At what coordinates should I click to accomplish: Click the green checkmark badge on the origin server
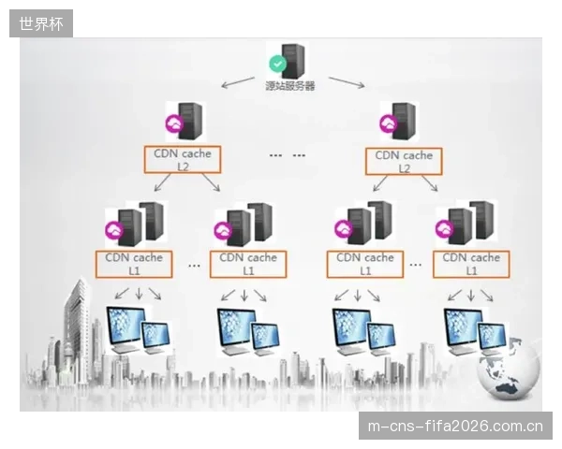click(278, 64)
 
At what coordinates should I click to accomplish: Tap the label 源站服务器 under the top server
click(290, 86)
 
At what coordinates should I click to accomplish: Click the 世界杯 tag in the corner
click(41, 23)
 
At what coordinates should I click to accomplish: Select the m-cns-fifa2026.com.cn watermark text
click(455, 427)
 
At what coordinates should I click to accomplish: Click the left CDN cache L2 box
click(183, 160)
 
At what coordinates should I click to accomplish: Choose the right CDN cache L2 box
click(404, 162)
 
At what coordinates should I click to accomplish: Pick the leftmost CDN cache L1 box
click(134, 264)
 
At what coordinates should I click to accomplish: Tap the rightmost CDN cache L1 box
click(471, 264)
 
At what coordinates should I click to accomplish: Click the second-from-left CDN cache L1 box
click(248, 264)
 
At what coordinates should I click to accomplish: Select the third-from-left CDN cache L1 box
click(365, 264)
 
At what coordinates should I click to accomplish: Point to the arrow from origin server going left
click(238, 82)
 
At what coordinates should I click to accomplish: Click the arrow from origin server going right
click(347, 82)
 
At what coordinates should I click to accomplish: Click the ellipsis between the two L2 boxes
click(288, 155)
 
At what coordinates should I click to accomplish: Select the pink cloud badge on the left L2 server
click(174, 123)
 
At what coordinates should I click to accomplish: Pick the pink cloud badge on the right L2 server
click(389, 123)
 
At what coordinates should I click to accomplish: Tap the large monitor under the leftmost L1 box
click(127, 327)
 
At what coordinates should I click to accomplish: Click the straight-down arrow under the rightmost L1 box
click(471, 295)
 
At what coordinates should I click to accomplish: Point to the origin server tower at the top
click(293, 61)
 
